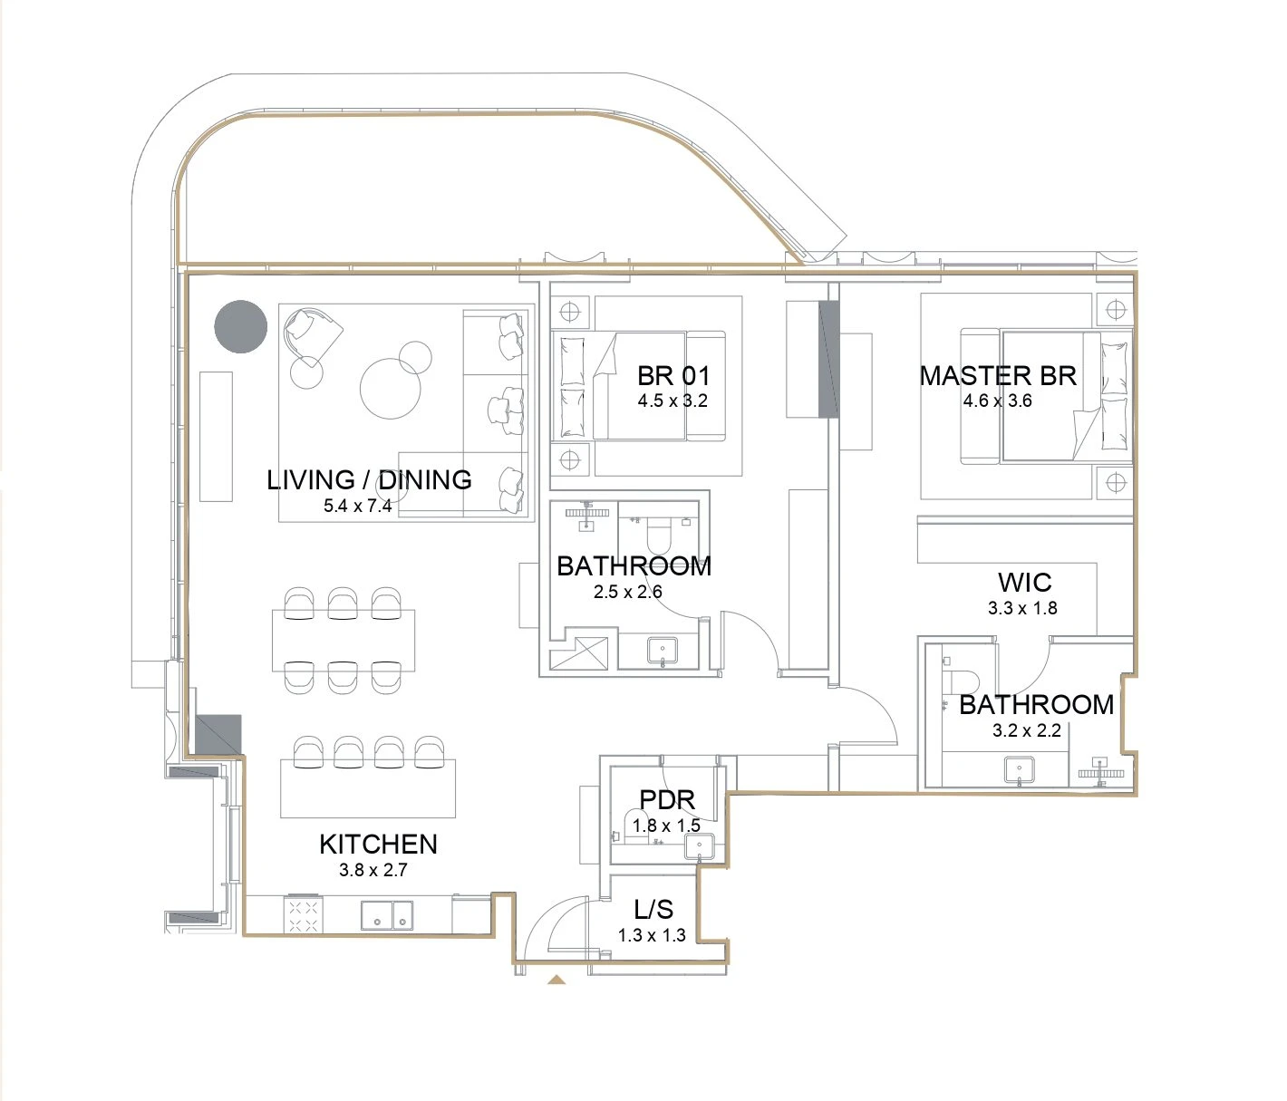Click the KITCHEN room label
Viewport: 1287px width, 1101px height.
click(378, 845)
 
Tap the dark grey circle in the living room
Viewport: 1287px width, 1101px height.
click(241, 327)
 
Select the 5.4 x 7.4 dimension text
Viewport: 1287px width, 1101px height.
click(357, 506)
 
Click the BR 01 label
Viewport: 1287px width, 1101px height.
click(673, 376)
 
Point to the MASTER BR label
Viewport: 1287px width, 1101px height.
click(998, 376)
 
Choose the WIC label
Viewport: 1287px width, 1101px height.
click(1024, 583)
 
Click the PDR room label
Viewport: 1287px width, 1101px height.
click(667, 800)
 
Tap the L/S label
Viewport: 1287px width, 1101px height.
click(653, 909)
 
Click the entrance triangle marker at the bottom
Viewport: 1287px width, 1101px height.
click(556, 980)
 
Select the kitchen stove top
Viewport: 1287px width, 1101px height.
click(304, 914)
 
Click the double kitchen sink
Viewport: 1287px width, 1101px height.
click(387, 915)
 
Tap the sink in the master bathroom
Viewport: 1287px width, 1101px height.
click(1020, 770)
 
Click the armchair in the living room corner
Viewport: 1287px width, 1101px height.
click(311, 335)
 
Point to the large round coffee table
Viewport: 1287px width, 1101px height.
click(391, 389)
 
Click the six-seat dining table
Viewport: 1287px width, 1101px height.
click(344, 641)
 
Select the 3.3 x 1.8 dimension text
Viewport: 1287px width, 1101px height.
click(1022, 608)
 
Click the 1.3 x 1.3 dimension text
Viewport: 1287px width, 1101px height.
click(652, 935)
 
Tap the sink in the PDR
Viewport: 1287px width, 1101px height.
click(699, 846)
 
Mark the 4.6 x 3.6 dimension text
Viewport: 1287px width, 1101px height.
click(998, 401)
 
